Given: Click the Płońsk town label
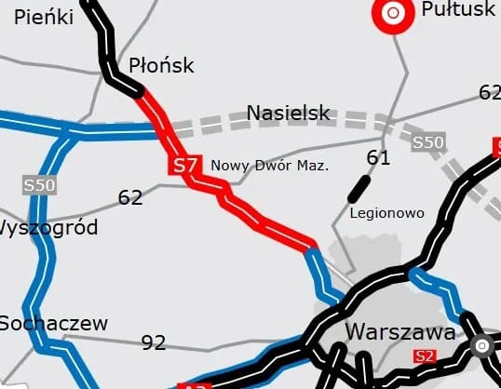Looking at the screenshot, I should coord(161,65).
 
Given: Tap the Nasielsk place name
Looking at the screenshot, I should coord(289,114).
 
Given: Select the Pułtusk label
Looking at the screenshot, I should coord(458,10).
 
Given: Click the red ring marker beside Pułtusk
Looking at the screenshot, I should coord(393,13).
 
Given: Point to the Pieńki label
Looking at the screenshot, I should coord(44,16).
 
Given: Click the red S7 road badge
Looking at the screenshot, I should coord(184,166).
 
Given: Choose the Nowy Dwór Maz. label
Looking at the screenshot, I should coord(271,166).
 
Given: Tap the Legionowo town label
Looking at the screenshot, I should coord(386,213).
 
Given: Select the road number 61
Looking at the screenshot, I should coord(378,158).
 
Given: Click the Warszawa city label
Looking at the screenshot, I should coord(400,332).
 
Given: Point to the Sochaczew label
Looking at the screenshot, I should coord(53,324).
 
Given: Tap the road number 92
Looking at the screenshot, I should coord(154,342).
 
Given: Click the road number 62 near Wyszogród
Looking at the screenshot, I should coord(130,197).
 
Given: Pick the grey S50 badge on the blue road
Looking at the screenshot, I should coord(40,185).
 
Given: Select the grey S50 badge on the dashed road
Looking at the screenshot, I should coord(428,142).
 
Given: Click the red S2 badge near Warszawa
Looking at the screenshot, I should coord(426,355).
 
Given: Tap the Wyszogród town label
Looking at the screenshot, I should coord(48,228).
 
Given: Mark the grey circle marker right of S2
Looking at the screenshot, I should coord(482,347).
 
